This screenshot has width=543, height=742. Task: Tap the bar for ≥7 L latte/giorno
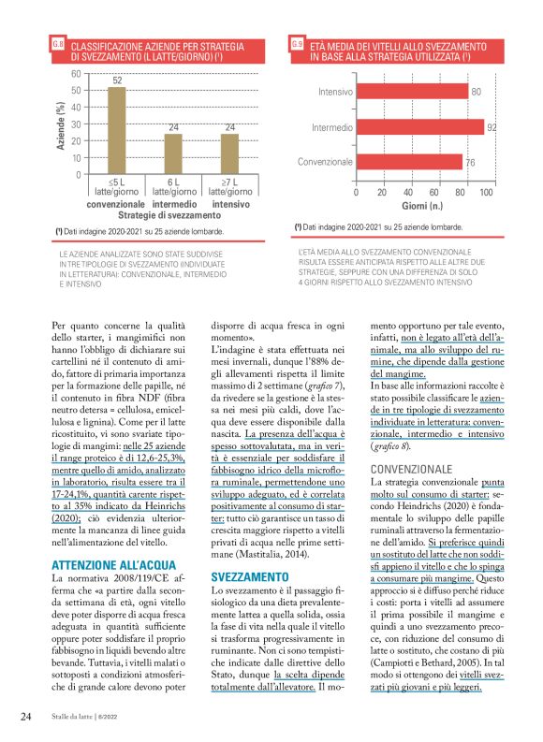[228, 154]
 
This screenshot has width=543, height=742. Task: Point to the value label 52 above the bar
[118, 81]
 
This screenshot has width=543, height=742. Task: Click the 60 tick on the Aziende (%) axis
[75, 73]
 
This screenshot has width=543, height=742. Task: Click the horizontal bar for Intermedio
[419, 126]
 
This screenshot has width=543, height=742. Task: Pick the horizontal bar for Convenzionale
[409, 162]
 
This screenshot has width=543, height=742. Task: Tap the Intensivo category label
[334, 92]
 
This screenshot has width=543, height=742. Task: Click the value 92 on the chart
[491, 126]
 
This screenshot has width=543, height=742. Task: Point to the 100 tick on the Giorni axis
[485, 192]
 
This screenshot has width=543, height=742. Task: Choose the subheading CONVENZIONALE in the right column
[411, 468]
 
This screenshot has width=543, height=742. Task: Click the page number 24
[27, 716]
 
